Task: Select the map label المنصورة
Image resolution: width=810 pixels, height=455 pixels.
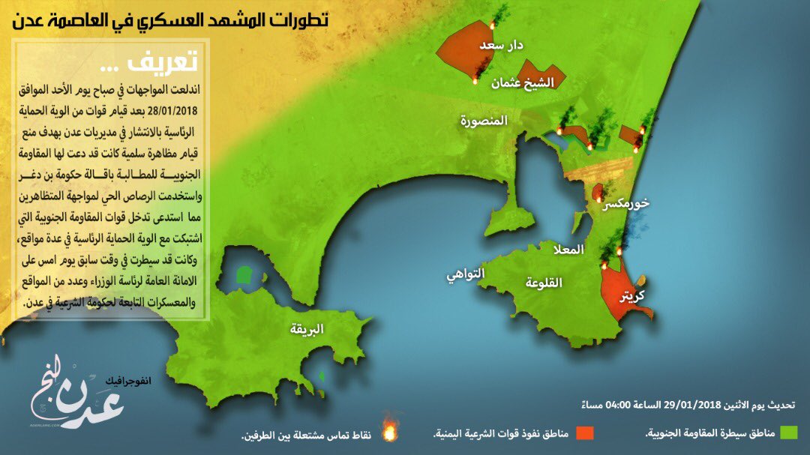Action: point(485,121)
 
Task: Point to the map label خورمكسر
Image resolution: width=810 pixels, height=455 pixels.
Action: point(630,203)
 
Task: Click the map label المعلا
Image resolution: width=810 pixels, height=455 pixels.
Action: point(567,250)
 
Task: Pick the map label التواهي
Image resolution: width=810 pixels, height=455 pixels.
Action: point(487,274)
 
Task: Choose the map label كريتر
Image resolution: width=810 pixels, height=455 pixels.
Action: point(631,295)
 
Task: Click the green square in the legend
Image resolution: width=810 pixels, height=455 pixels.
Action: point(787,433)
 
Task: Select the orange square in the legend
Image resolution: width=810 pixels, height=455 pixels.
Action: point(584,433)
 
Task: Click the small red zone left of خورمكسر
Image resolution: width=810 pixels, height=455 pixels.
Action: point(597,193)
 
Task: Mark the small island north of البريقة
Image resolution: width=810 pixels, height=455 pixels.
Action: point(243,275)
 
